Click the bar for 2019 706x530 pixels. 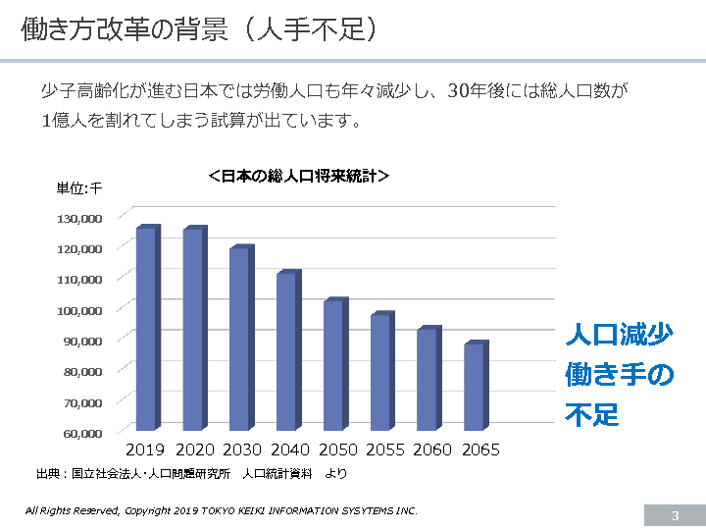point(146,329)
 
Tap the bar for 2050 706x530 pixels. point(334,364)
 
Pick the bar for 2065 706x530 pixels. point(475,387)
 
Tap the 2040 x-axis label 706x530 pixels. point(289,450)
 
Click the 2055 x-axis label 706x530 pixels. point(384,450)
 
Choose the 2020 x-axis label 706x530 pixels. point(194,450)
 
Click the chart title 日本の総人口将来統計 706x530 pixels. point(299,177)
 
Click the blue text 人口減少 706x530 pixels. point(619,335)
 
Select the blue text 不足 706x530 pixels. point(592,413)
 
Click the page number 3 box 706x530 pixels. point(675,516)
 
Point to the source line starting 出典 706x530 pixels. point(191,473)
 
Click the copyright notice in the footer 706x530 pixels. point(222,511)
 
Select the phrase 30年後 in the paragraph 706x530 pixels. point(476,92)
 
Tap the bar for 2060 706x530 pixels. point(428,379)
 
